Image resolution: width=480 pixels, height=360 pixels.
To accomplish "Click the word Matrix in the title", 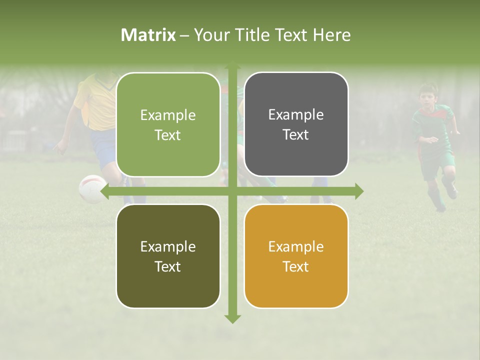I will point(148,35).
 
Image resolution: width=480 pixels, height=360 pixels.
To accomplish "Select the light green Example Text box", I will point(168,124).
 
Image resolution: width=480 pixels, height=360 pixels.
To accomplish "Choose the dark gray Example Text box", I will point(296,124).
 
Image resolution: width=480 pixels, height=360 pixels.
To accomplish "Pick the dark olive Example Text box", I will point(168,256).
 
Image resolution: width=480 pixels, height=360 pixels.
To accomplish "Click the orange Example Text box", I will point(296,256).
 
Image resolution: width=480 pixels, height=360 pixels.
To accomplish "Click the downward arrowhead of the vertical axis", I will point(232,318).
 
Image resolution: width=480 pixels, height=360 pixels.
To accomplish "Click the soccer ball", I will point(91,188).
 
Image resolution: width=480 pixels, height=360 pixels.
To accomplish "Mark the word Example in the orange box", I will point(296,246).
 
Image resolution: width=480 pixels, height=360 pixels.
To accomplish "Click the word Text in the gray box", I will point(296,135).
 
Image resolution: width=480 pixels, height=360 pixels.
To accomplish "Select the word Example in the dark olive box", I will point(168,246).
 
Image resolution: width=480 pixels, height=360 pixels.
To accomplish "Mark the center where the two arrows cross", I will point(232,191).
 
